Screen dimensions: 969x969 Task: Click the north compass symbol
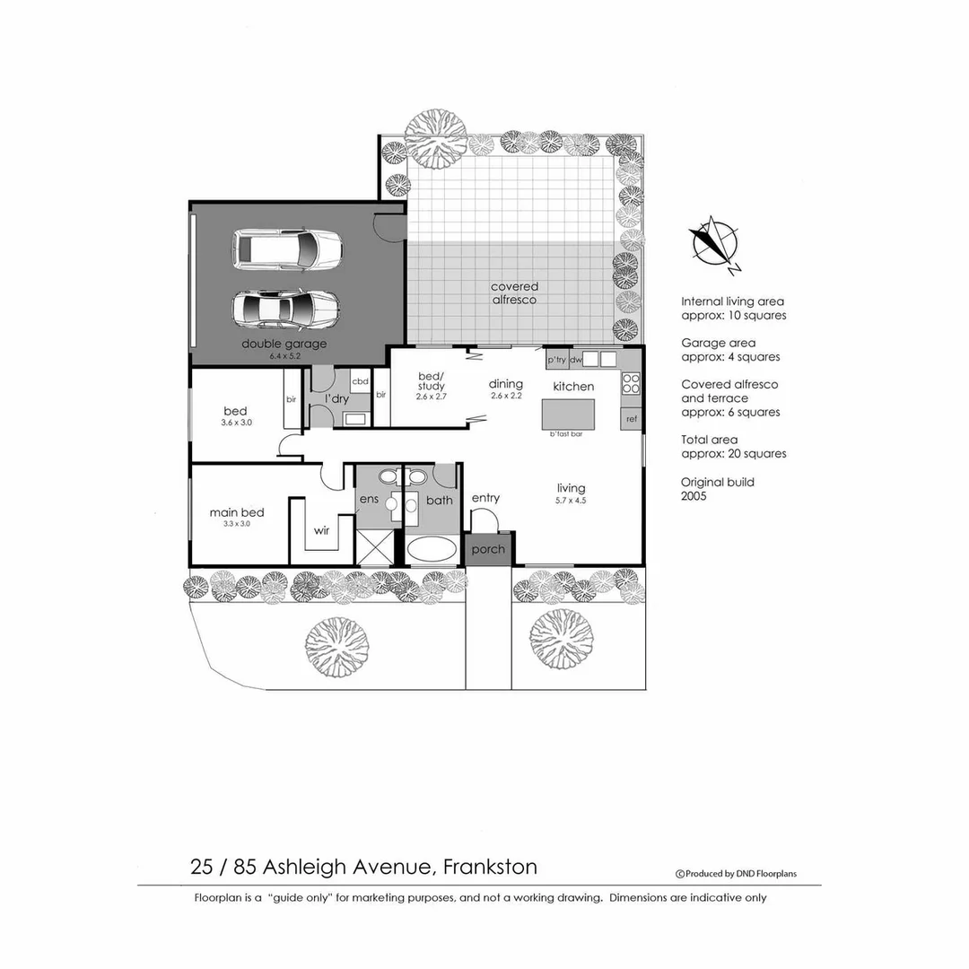coord(713,243)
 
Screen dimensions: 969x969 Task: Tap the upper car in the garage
coord(287,249)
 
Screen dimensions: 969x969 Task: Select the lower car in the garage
coord(285,310)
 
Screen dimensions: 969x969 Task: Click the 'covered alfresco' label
coord(514,293)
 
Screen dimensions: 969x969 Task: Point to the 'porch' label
coord(488,549)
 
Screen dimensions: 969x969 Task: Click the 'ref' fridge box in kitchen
coord(632,418)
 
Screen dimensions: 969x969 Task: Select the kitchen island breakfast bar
coord(568,414)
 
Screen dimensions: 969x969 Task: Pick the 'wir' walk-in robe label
coord(321,530)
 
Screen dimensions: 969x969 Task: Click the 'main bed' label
coord(237,512)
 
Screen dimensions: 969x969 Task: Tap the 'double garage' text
coord(284,344)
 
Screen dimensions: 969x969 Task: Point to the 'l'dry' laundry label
coord(336,398)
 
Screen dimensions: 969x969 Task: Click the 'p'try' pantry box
coord(556,360)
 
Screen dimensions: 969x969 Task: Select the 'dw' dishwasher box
coord(576,360)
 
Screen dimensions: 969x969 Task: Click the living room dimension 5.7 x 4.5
coord(571,501)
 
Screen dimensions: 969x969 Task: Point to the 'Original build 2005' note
coord(718,489)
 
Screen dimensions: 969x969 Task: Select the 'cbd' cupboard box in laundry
coord(360,381)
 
